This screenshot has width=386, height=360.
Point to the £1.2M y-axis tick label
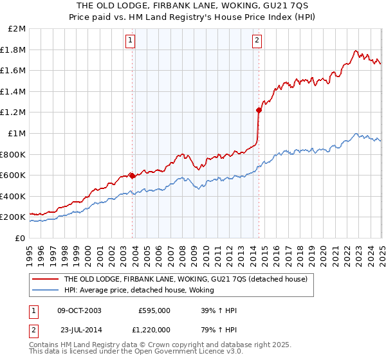[x=14, y=113]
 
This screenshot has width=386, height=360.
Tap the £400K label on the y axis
[x=14, y=196]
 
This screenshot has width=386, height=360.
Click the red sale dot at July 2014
[x=259, y=110]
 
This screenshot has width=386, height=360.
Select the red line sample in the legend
[x=45, y=279]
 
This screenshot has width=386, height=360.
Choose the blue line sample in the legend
[x=45, y=291]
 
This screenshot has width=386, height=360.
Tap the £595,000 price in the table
[x=154, y=310]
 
